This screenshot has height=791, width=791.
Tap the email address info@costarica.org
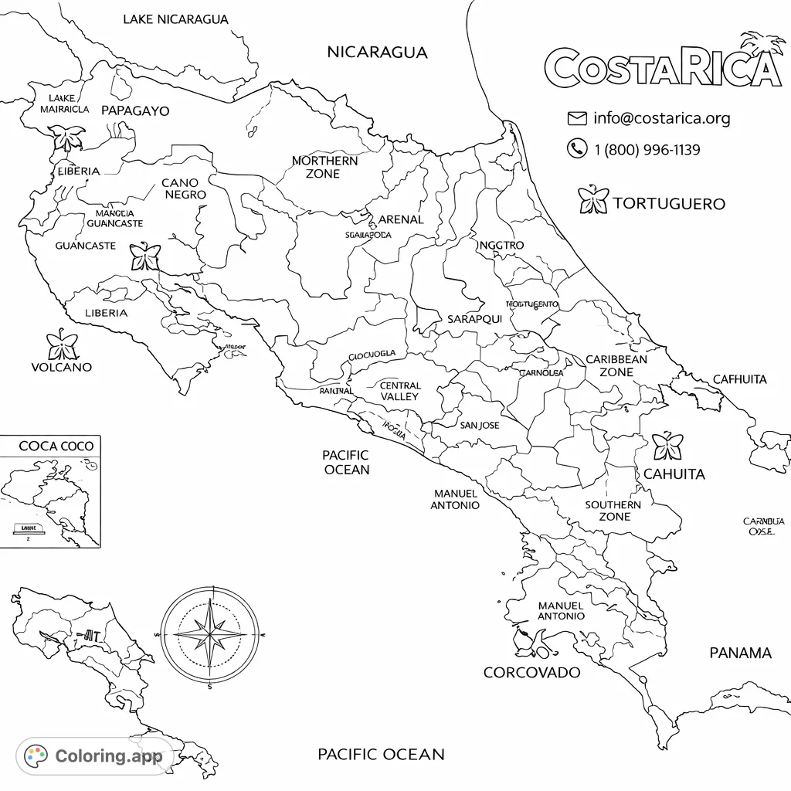661,118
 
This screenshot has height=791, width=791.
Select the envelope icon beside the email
577,118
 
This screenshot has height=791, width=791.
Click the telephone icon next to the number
577,148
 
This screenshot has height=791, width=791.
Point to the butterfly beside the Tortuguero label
593,200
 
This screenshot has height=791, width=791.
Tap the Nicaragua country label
377,53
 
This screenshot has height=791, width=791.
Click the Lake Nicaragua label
176,19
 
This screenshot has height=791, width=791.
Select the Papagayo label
135,110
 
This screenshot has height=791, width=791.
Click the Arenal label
400,219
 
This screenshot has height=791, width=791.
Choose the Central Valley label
400,391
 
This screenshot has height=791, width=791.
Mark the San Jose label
480,426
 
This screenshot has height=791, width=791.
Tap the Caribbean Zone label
616,365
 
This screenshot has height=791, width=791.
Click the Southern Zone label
613,511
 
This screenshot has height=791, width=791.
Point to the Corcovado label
531,673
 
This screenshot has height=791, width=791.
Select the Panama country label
740,654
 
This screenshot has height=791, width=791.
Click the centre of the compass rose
210,634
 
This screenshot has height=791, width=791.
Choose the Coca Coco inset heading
56,446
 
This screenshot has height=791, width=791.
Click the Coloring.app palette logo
36,755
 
